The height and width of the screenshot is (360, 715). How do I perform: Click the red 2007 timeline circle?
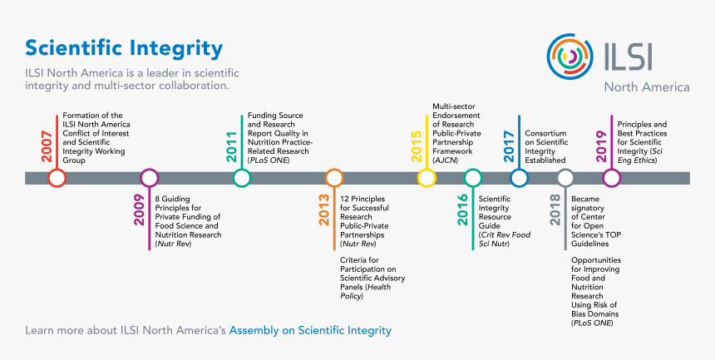(57, 178)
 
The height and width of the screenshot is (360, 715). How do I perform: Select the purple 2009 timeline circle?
(150, 178)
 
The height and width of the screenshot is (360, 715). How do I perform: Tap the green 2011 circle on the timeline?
(242, 178)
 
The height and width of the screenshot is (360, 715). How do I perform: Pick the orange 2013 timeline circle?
(334, 178)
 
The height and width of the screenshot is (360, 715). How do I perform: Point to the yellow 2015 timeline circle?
(427, 178)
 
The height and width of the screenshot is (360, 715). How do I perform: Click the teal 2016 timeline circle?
(473, 178)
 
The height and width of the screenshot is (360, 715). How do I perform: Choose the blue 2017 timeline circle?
(520, 178)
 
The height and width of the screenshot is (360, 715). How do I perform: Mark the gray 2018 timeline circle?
(565, 178)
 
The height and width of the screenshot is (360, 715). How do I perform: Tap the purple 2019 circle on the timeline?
(612, 178)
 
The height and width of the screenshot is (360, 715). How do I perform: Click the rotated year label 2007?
(47, 145)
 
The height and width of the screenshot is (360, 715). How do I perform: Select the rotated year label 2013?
(325, 210)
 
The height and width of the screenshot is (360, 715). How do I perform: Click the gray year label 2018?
(556, 210)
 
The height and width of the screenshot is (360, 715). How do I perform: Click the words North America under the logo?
(646, 86)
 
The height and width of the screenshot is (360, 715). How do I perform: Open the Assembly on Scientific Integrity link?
(310, 331)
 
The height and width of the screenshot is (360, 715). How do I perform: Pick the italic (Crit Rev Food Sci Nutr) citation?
(504, 239)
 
